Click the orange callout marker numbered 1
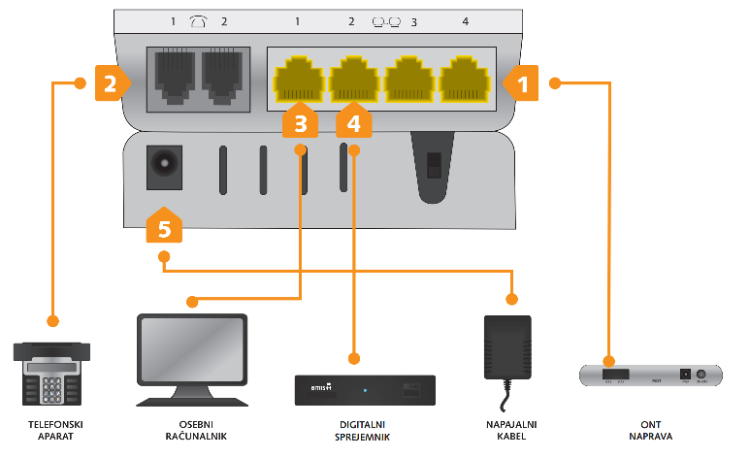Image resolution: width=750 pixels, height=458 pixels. coord(520,84)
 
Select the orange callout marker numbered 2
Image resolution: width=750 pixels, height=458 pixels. coord(112,83)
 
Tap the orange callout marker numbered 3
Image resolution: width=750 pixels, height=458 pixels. coord(301,122)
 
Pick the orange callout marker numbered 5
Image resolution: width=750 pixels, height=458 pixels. coord(163,226)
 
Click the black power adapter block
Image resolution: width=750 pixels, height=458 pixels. coord(508,346)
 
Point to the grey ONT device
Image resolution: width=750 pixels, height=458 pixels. coord(651,375)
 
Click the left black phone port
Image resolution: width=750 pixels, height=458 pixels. coord(172,77)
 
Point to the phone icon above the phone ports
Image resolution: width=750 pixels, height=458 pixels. coord(198,21)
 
